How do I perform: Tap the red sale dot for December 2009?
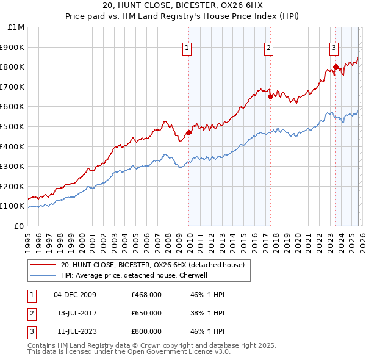[x=188, y=132]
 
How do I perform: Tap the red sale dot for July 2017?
[x=270, y=96]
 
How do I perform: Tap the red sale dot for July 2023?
[x=335, y=67]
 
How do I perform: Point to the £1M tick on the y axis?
[x=16, y=27]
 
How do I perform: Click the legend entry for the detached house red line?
[x=152, y=265]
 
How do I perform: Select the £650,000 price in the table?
[x=146, y=313]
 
